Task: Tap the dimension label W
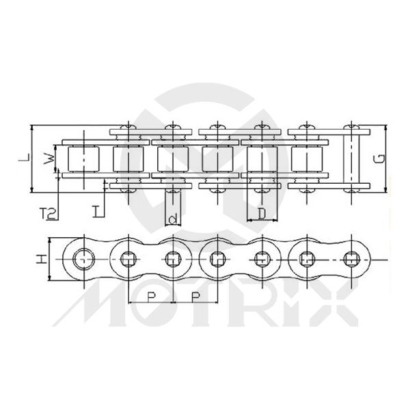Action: (49, 159)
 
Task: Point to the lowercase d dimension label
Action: (173, 219)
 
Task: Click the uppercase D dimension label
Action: (262, 214)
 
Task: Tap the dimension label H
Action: (41, 259)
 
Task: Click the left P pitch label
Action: (151, 297)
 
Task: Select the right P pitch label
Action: (195, 297)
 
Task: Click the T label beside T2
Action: (97, 212)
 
